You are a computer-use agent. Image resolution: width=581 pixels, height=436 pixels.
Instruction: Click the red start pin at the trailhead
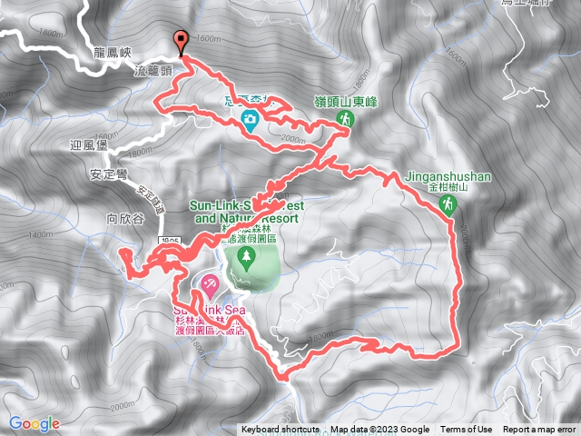coord(182,41)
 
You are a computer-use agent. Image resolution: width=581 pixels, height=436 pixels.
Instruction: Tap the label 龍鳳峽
coord(113,54)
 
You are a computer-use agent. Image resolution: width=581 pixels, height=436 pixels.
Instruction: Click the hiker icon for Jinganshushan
coord(448,207)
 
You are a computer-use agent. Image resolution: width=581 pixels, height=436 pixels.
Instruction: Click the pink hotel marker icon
coord(208,286)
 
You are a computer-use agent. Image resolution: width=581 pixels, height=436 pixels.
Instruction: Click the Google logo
coord(34,423)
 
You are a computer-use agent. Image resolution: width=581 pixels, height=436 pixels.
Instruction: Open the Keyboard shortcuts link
coord(280,430)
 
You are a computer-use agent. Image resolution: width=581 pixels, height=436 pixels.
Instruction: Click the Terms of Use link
coord(467,430)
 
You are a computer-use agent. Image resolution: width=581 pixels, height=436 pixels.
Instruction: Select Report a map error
coord(540,430)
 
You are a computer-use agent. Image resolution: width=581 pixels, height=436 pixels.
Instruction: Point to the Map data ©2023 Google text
coord(379,430)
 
